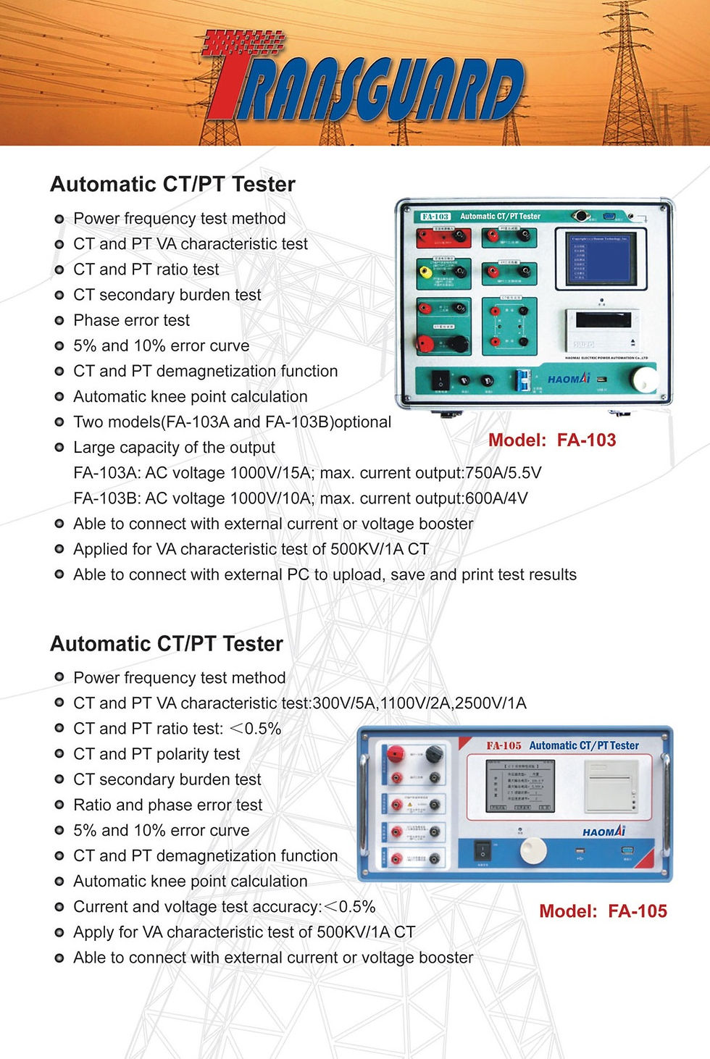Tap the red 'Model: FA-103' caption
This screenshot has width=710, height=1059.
(x=552, y=440)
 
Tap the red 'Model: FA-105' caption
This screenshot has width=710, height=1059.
(x=603, y=911)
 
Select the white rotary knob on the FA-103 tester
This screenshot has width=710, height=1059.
(x=642, y=379)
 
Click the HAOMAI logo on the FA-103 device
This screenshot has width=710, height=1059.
(x=569, y=379)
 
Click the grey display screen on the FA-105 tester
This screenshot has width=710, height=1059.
(x=519, y=785)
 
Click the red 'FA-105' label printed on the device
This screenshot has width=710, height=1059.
(x=504, y=745)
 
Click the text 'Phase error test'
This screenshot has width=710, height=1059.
(x=131, y=320)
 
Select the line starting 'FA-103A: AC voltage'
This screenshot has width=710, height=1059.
(x=307, y=473)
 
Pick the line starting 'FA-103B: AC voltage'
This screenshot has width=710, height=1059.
(x=300, y=498)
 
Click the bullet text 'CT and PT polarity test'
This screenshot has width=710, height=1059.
(x=156, y=754)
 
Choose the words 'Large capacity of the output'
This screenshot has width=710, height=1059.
(x=174, y=448)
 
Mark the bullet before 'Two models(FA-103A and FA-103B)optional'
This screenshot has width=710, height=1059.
(x=59, y=422)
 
